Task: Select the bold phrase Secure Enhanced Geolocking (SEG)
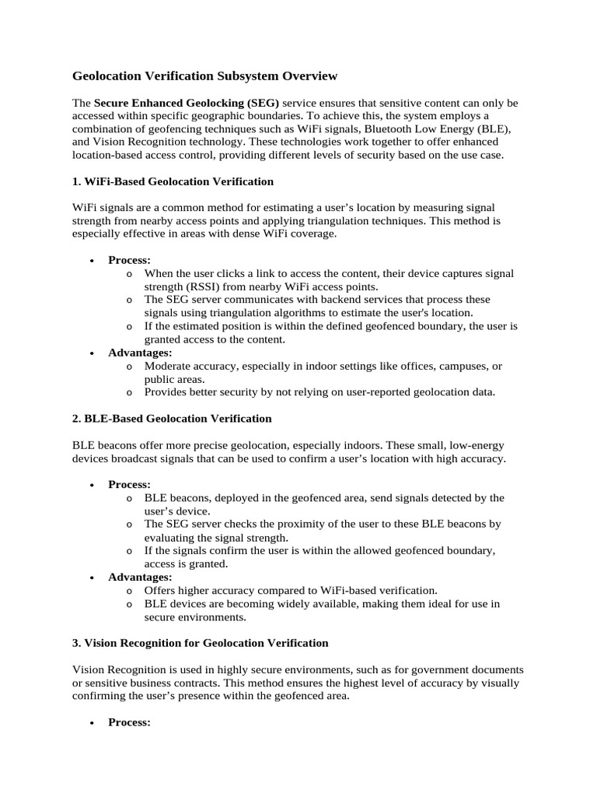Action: pyautogui.click(x=187, y=103)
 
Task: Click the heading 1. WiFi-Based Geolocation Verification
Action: pyautogui.click(x=173, y=181)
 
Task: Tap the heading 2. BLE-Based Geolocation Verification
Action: pyautogui.click(x=172, y=419)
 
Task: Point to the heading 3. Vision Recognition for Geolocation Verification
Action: pyautogui.click(x=200, y=644)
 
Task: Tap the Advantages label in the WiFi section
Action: pyautogui.click(x=140, y=353)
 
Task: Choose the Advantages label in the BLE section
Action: pyautogui.click(x=140, y=578)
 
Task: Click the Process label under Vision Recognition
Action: pyautogui.click(x=129, y=723)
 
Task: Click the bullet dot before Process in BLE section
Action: pyautogui.click(x=93, y=485)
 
